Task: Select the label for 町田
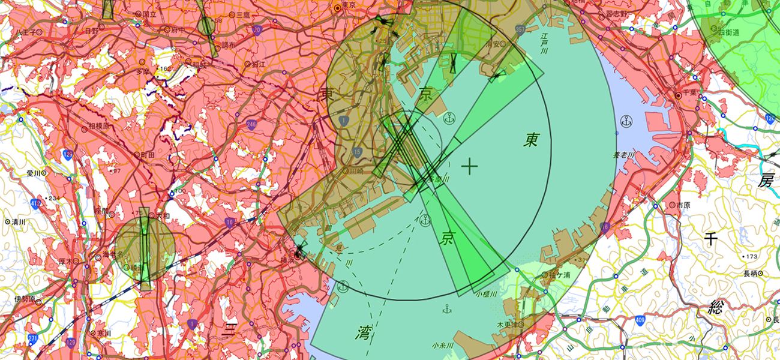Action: [x=147, y=155]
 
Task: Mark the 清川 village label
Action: [x=19, y=221]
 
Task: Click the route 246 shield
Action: [x=250, y=124]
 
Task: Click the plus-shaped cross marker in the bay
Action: [x=470, y=166]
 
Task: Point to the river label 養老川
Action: [x=624, y=155]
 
